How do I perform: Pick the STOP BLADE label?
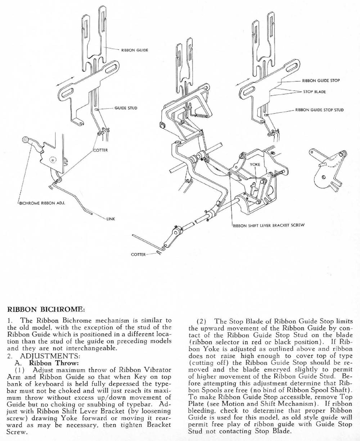point(314,92)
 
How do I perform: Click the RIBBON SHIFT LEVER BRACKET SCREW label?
point(269,226)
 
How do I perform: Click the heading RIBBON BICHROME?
point(46,309)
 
